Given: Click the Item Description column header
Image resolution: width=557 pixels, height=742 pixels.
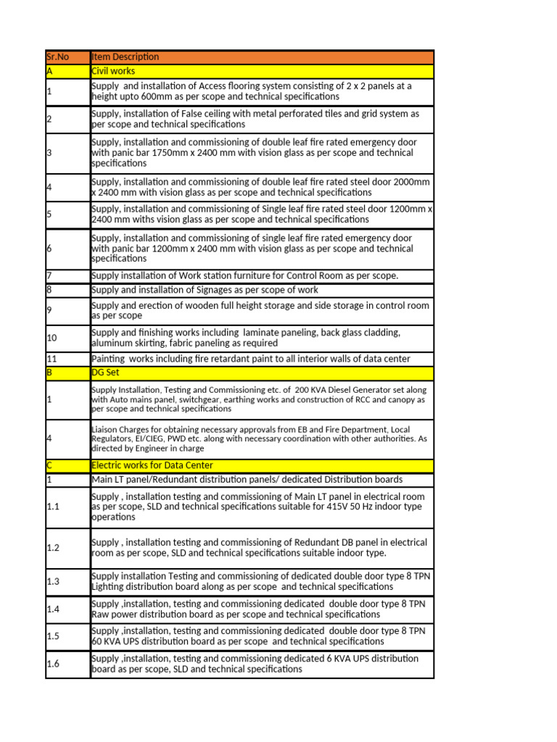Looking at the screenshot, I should point(125,57).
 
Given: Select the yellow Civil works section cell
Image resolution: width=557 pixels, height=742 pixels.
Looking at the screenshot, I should point(261,71).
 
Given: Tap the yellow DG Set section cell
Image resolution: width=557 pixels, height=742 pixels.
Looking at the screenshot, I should point(261,373).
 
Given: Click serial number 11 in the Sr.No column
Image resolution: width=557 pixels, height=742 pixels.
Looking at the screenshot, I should point(52,359).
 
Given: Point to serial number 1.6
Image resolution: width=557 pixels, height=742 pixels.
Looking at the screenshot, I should point(53,664).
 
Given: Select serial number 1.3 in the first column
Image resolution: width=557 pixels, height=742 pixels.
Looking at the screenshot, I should point(53,581).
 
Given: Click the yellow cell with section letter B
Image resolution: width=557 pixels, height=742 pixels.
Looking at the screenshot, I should point(50,373).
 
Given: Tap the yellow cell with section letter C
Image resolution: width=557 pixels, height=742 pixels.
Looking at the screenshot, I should point(50,465).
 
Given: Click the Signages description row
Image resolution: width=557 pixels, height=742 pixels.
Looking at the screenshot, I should point(205,290).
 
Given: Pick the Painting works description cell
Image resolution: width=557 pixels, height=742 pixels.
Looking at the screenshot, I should point(251,359).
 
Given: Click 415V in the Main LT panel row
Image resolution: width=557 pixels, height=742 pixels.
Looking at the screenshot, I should point(318,507).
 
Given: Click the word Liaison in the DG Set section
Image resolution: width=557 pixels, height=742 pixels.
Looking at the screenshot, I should point(105,428).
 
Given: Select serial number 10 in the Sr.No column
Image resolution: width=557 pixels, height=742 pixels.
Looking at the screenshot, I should point(52,338).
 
